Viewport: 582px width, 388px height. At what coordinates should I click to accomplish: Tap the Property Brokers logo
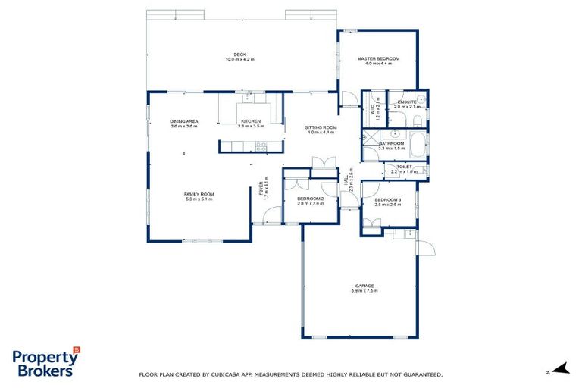(45, 363)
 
